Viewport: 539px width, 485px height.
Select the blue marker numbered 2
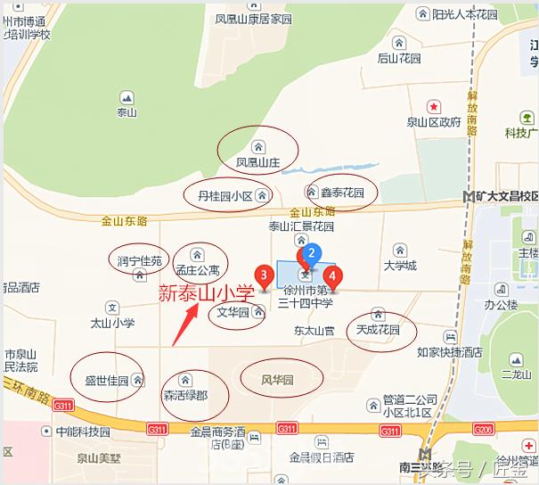(x=311, y=255)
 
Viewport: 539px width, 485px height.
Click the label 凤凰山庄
(x=258, y=163)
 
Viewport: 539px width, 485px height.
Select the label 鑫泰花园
(x=344, y=193)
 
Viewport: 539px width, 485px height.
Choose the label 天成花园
(x=378, y=330)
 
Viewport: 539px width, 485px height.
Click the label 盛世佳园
(x=107, y=381)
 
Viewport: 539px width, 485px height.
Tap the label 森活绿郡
(x=185, y=393)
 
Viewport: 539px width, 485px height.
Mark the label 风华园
(x=277, y=380)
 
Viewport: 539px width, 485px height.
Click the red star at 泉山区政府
(x=433, y=106)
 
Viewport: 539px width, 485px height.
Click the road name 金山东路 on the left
(x=125, y=219)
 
